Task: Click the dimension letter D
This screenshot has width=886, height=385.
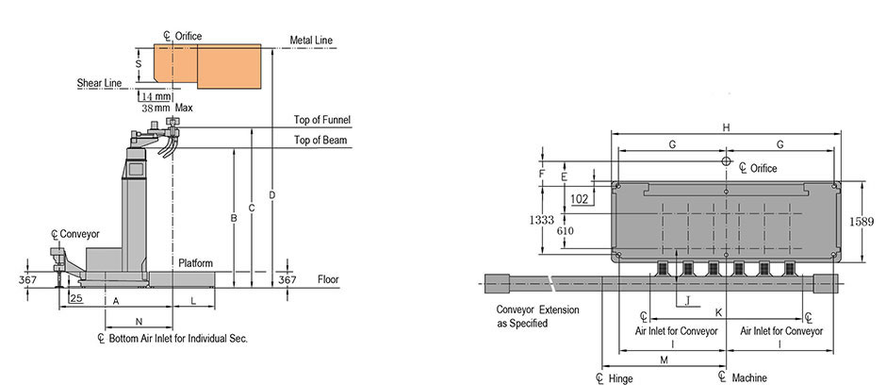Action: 271,195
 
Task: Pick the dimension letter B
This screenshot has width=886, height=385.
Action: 233,219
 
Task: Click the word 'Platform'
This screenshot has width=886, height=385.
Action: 195,262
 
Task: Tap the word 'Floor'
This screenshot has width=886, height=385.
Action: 328,279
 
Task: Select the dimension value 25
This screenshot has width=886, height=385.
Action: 75,298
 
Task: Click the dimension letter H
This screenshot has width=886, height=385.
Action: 726,127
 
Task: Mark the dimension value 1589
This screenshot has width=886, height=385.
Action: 861,221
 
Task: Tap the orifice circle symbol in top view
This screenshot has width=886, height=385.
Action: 726,162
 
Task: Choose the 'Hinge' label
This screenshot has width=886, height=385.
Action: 619,377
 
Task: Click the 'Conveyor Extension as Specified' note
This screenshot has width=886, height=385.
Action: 537,316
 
